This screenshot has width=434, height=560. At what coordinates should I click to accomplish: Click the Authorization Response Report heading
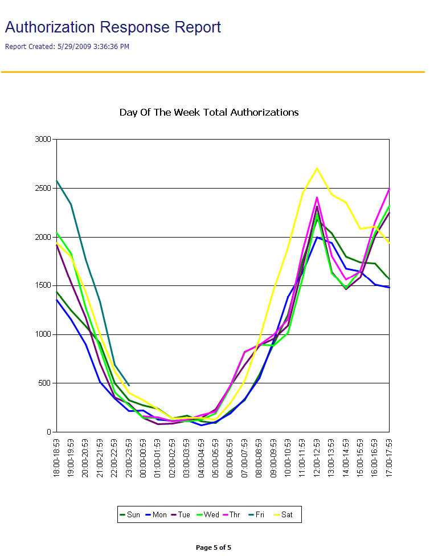113,27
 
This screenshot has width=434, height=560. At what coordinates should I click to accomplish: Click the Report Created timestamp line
67,47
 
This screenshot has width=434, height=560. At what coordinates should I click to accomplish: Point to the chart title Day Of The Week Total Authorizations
209,112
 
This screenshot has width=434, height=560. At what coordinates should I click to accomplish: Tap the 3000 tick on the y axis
43,139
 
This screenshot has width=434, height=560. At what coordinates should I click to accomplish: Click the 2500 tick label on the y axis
43,188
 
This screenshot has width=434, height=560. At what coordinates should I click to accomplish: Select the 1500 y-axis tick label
43,285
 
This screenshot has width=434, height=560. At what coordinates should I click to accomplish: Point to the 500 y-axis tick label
45,383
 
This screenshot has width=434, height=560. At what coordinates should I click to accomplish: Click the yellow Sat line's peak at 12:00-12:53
317,168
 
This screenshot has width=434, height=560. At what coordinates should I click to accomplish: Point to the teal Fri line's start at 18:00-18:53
56,181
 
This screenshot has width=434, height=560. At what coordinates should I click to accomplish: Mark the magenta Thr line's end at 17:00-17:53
390,189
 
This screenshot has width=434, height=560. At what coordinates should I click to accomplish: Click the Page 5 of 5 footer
214,547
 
